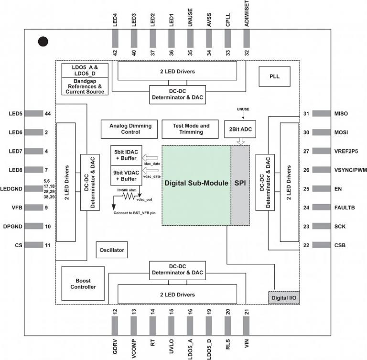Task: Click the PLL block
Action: (x=275, y=76)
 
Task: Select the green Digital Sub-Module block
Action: (x=196, y=184)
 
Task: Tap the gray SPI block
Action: (x=240, y=184)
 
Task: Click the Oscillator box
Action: (x=112, y=250)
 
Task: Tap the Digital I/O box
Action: (x=284, y=297)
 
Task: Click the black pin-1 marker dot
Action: (x=43, y=42)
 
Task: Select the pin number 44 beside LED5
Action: (x=48, y=114)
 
